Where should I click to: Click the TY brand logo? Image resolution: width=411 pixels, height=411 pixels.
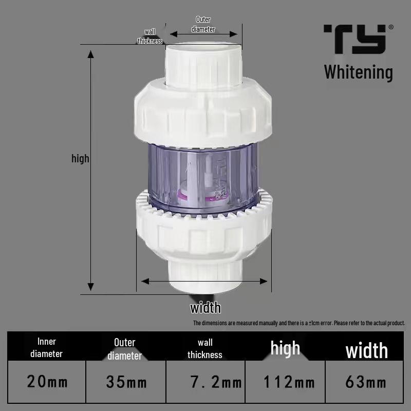[x=354, y=39]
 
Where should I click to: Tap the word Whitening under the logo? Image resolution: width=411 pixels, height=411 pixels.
[x=358, y=72]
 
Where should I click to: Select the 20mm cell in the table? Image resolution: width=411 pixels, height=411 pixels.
[x=47, y=382]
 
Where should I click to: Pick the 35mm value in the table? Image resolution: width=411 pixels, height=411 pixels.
[x=126, y=382]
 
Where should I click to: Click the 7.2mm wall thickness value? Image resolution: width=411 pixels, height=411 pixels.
[x=216, y=382]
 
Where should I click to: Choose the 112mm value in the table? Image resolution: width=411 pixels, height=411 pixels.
[x=289, y=382]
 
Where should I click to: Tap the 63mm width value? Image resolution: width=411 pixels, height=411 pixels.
[x=366, y=382]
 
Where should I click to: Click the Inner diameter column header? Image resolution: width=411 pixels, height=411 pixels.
[x=46, y=348]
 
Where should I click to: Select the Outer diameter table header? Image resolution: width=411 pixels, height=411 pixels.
[x=124, y=349]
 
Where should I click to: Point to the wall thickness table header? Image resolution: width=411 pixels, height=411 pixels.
[x=204, y=349]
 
